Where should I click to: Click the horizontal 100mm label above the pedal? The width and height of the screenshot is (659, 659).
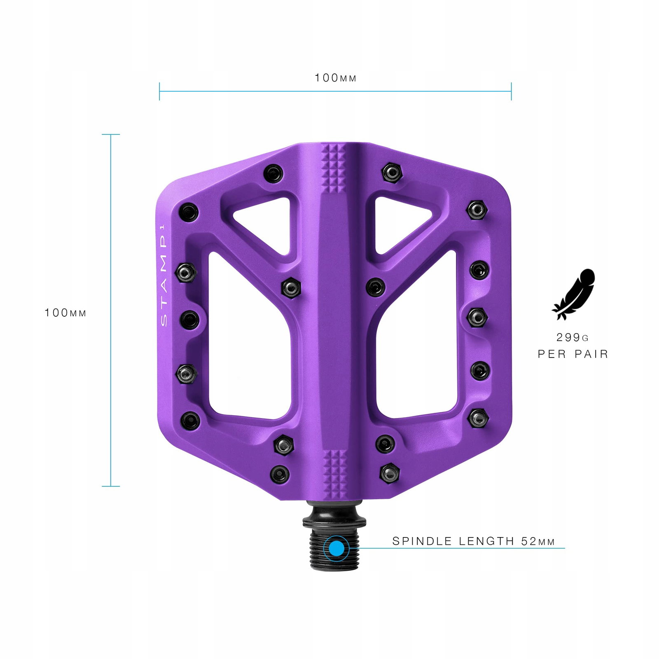[335, 78]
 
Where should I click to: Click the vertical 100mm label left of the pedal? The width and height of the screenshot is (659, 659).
[65, 313]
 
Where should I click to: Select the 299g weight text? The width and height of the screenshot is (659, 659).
[573, 338]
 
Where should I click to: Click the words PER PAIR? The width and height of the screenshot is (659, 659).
[573, 354]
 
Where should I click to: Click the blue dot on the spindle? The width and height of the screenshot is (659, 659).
[337, 549]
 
